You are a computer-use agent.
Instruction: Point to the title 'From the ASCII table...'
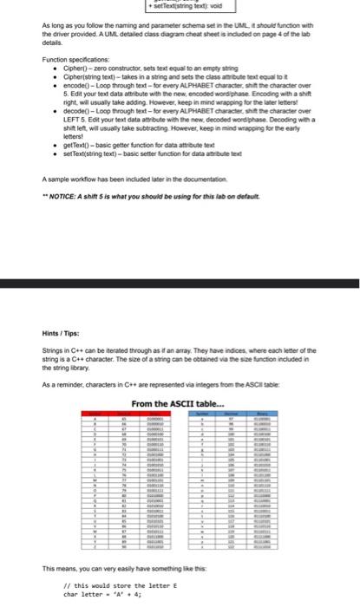(x=179, y=402)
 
